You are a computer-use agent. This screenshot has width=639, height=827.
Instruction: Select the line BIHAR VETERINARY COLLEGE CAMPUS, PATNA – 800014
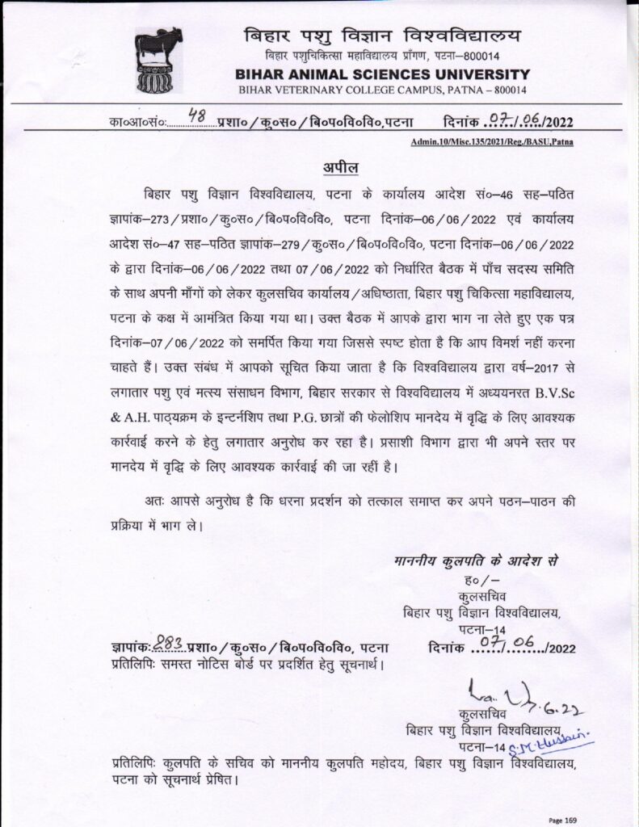coord(377,89)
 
